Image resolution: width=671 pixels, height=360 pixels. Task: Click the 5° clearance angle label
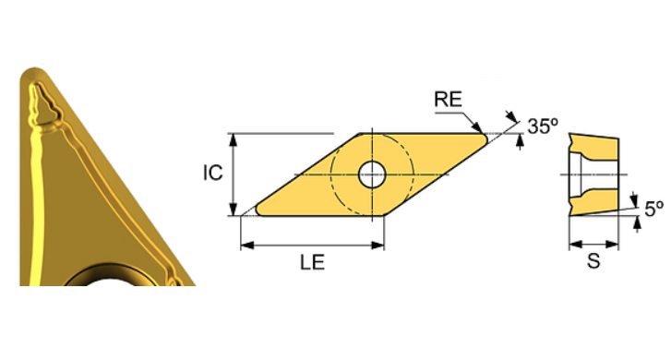[653, 210]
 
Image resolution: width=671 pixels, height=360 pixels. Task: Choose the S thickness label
[593, 262]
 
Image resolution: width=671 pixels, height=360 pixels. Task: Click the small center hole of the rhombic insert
[372, 173]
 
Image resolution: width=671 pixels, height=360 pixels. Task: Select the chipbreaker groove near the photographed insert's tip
[44, 106]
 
